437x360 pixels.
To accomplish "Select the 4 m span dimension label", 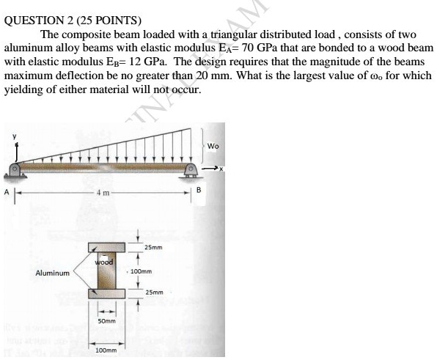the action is click(103, 194).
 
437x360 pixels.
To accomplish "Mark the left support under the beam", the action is click(15, 173).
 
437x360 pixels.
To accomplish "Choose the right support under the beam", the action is click(191, 173).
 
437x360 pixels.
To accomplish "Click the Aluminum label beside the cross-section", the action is click(53, 273).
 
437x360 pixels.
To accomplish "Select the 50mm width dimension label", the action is click(107, 321).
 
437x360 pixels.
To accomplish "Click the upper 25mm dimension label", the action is click(153, 248).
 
